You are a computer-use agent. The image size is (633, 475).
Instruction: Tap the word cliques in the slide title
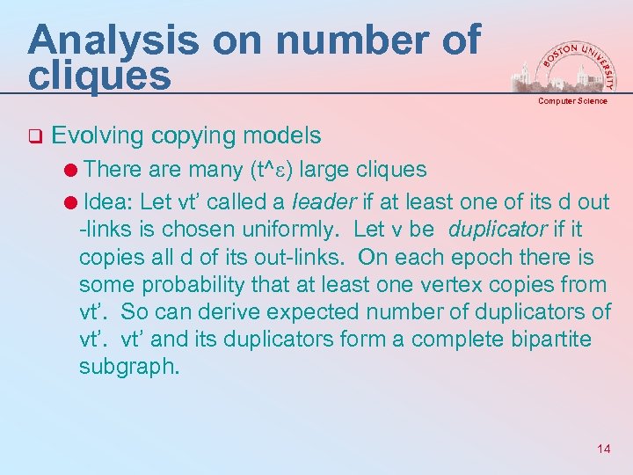click(99, 75)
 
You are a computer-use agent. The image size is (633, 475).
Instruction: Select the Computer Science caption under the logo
click(572, 101)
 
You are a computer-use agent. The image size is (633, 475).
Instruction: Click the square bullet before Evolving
click(34, 137)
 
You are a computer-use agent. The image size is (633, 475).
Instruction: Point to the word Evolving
click(97, 136)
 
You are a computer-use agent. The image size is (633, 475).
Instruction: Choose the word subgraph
click(128, 367)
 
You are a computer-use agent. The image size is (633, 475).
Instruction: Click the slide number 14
click(603, 449)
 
